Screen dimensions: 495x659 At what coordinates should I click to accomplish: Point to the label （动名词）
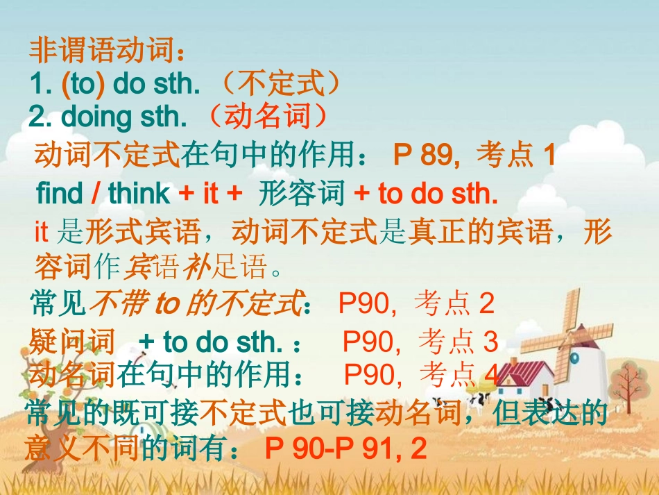point(266,117)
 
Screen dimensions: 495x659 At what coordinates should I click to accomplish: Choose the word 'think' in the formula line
point(139,194)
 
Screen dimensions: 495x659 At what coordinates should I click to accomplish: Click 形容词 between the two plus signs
point(301,194)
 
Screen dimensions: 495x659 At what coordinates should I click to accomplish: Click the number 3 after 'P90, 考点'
point(490,342)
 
